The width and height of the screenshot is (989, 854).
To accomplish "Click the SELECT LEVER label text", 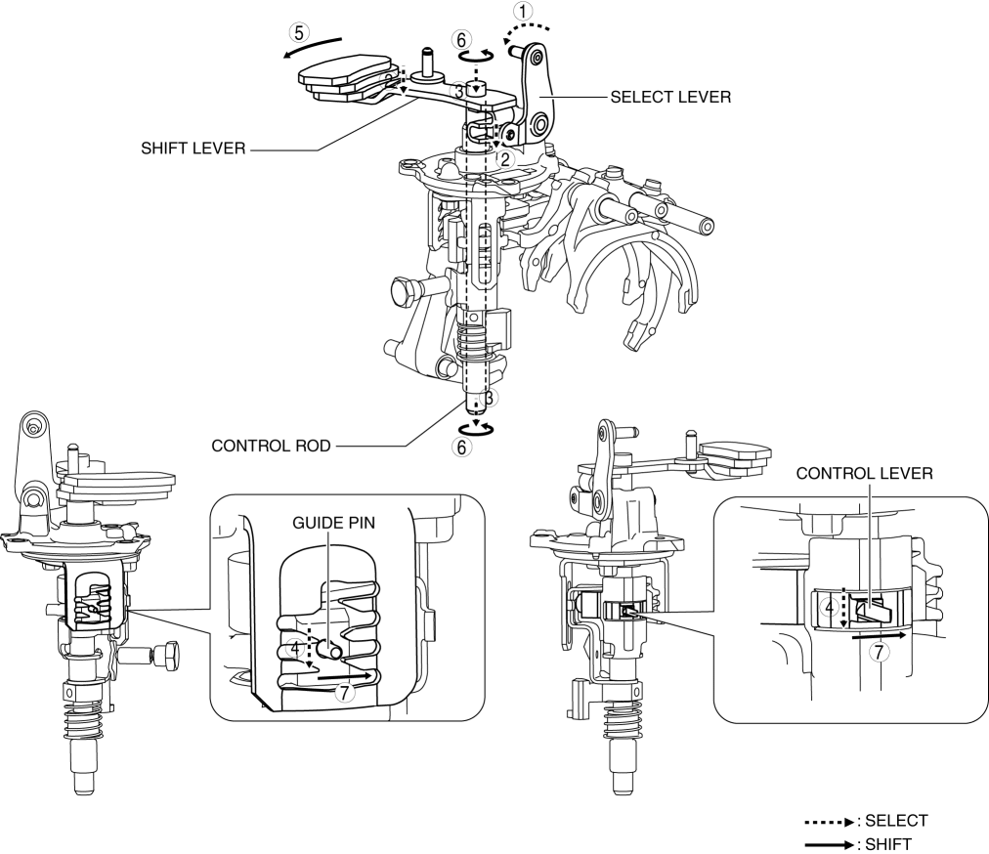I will (670, 97).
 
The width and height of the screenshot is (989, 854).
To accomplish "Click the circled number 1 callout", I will (526, 12).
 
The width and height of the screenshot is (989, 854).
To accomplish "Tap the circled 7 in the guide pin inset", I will (343, 692).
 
